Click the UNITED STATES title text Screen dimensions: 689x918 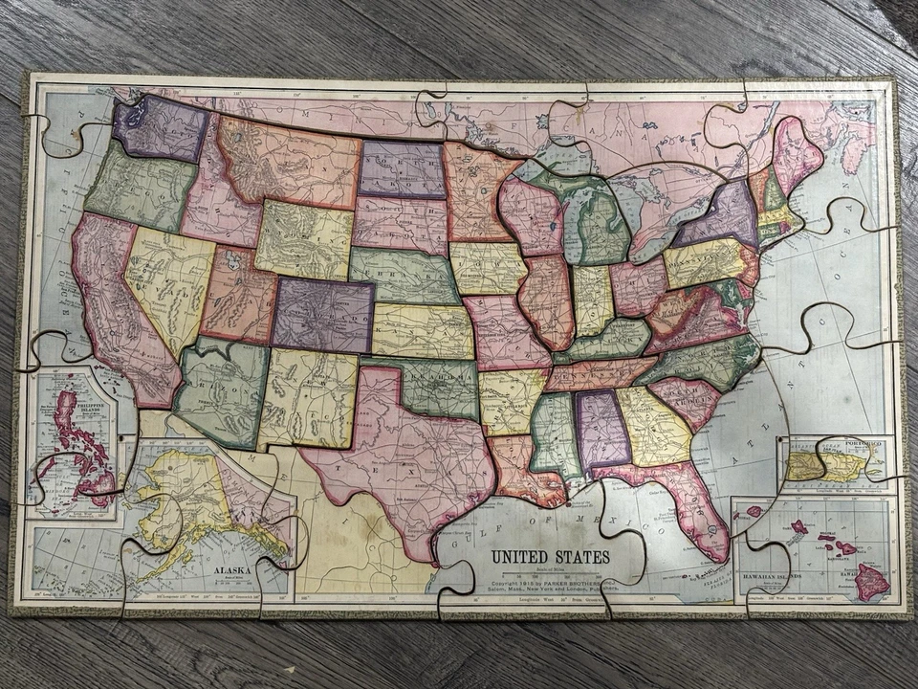(x=550, y=556)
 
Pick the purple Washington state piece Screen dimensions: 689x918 (x=160, y=128)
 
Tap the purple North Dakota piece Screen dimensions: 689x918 (x=402, y=169)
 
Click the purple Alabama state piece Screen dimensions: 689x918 (x=601, y=430)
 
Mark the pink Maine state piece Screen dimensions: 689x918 (x=795, y=152)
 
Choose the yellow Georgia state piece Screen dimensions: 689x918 (x=654, y=426)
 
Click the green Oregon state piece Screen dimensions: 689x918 (x=141, y=186)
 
